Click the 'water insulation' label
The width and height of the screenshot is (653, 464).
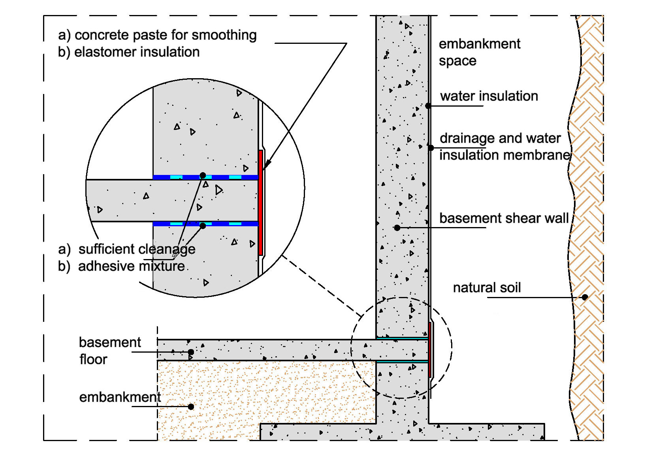tap(489, 96)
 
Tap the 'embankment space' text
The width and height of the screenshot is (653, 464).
tap(479, 52)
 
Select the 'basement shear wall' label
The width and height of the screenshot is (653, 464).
tap(504, 218)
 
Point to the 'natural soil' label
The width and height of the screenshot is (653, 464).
tap(487, 287)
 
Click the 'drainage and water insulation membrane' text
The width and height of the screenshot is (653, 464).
tap(504, 147)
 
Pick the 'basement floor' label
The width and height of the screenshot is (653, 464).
tap(109, 351)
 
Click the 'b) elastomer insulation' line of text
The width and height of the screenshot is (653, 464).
tap(129, 52)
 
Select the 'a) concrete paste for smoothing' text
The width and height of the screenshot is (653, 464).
tap(157, 35)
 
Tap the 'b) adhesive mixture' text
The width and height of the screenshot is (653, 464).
tap(122, 266)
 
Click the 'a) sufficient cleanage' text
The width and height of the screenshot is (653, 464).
tap(126, 249)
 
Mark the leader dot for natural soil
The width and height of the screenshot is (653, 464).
tap(585, 297)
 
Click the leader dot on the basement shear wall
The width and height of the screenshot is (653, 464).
tap(397, 227)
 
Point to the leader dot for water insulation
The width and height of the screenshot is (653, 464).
tap(428, 106)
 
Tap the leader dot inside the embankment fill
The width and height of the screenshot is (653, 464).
tap(191, 406)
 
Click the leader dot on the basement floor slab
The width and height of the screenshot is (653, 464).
tap(191, 352)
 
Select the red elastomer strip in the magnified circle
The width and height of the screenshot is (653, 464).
tap(261, 202)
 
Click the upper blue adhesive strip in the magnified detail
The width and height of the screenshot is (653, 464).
tap(205, 177)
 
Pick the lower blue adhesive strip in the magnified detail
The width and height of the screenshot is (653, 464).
tap(205, 224)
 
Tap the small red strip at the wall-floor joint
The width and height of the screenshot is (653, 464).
tap(430, 349)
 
